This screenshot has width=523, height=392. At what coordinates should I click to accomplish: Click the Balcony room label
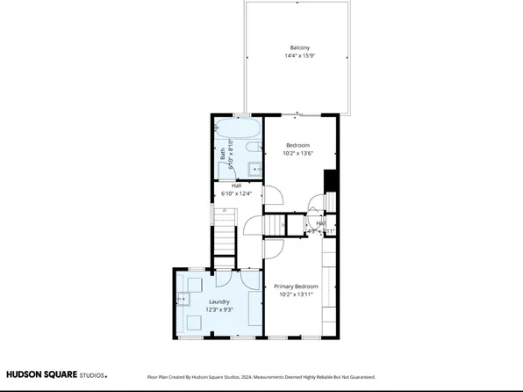(x=299, y=47)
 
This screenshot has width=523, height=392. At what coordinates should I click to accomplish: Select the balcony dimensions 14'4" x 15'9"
(x=299, y=56)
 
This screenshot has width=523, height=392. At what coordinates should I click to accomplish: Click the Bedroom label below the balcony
(x=298, y=145)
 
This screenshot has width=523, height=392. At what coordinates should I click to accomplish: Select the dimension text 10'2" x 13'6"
(x=298, y=154)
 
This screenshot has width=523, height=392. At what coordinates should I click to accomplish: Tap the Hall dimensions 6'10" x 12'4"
(x=236, y=193)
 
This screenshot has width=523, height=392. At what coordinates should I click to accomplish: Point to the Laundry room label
(x=219, y=301)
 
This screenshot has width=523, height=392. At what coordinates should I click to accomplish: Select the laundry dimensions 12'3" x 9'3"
(x=219, y=309)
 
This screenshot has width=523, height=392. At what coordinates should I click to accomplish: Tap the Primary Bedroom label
(x=295, y=287)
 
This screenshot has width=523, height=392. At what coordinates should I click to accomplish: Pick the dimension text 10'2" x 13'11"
(x=295, y=295)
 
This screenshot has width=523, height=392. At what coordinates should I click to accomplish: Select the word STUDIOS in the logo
(x=92, y=375)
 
